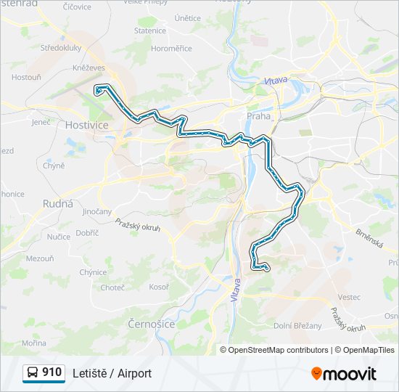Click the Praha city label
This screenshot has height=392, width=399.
(x=258, y=115)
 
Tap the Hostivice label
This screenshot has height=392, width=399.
(x=86, y=125)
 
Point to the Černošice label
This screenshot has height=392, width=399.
(x=151, y=324)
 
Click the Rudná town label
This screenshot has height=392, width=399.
(x=58, y=203)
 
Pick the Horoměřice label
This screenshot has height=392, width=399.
(x=171, y=49)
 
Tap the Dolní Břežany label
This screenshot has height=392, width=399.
(x=297, y=326)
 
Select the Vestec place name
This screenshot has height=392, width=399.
(x=349, y=297)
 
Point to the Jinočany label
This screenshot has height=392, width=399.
(x=97, y=211)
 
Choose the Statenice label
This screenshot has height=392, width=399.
(x=150, y=30)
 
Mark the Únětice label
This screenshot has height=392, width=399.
(x=187, y=17)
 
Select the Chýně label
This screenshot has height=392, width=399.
(x=54, y=166)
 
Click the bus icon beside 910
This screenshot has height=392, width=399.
(x=32, y=373)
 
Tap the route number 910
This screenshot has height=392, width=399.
(x=52, y=372)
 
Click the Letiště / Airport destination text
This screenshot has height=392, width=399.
(x=112, y=373)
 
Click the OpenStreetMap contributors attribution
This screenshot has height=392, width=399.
(x=278, y=350)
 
